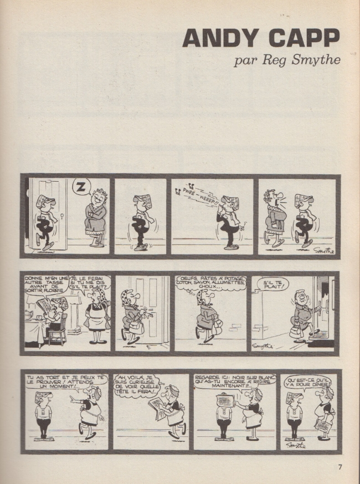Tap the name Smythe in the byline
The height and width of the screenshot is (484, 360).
click(x=316, y=60)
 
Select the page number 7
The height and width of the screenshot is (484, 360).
click(x=340, y=467)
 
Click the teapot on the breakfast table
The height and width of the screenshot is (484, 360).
click(x=30, y=315)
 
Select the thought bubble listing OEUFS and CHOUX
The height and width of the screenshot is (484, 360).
click(x=211, y=284)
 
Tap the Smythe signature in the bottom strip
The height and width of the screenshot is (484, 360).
click(x=295, y=445)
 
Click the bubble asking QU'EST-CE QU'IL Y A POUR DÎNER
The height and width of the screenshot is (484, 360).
click(x=307, y=383)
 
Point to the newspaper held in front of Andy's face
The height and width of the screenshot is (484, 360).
click(x=227, y=401)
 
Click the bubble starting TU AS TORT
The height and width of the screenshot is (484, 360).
click(x=66, y=382)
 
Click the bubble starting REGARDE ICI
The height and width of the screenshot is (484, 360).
click(x=235, y=382)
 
